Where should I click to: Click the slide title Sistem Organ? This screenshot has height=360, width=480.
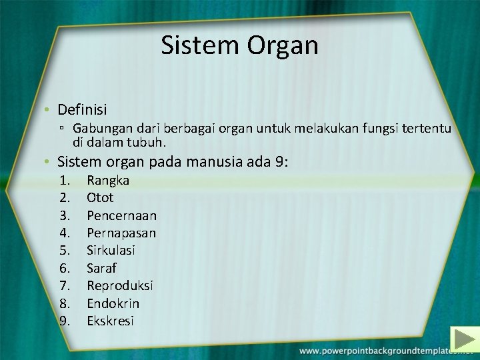[x=239, y=45]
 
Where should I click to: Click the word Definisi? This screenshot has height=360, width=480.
[x=82, y=109]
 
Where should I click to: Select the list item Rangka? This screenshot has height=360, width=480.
[x=108, y=180]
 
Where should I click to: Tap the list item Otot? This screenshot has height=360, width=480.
[x=100, y=197]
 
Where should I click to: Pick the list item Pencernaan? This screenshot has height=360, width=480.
[x=121, y=215]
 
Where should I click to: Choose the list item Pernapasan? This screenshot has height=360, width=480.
[x=121, y=233]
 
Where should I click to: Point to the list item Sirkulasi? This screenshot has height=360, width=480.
[x=111, y=250]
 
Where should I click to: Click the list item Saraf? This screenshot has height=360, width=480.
[x=101, y=268]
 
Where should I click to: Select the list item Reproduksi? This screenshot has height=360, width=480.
[x=120, y=285]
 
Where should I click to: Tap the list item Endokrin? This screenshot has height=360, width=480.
[x=113, y=303]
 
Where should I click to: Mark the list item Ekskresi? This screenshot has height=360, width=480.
[x=110, y=321]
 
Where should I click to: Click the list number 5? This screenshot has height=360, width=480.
[x=65, y=250]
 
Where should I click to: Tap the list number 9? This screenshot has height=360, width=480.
[x=65, y=321]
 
